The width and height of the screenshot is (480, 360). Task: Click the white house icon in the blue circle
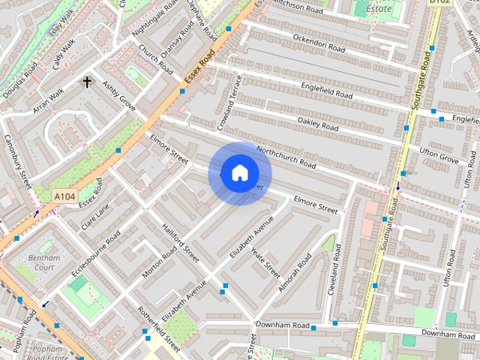click(239, 172)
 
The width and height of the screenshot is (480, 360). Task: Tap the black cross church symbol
click(87, 82)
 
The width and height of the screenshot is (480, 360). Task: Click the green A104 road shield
click(65, 196)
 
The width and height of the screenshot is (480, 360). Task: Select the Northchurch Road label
click(286, 156)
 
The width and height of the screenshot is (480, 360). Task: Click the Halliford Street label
click(181, 240)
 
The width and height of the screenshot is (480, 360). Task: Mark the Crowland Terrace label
click(229, 100)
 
